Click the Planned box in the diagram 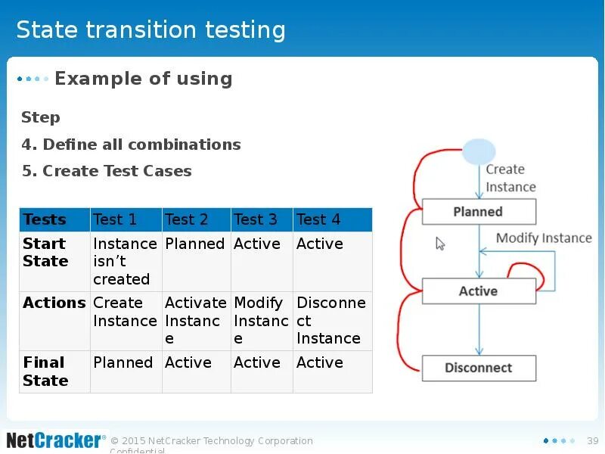[479, 212]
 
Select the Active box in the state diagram [479, 291]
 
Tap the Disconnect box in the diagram [479, 368]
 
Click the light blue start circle [479, 152]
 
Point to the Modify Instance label [544, 238]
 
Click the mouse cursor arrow [440, 244]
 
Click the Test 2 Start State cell [197, 261]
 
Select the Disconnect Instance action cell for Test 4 [333, 321]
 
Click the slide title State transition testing [150, 30]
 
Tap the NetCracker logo [56, 440]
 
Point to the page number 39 [593, 441]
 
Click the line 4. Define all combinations [131, 145]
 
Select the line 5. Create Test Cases [107, 171]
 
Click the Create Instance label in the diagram [510, 178]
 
